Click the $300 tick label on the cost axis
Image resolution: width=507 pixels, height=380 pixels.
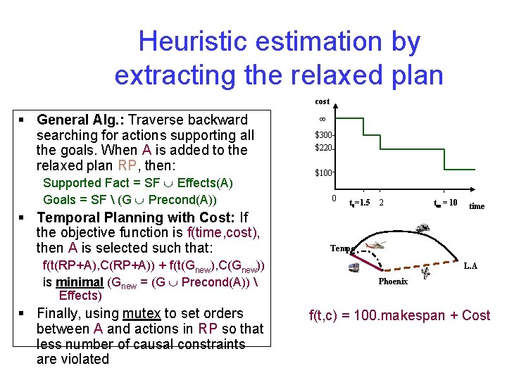(x=323, y=134)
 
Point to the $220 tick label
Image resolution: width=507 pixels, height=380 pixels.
(x=323, y=148)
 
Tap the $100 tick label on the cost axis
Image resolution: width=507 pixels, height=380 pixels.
(x=323, y=172)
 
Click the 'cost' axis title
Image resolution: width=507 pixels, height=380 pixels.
(x=322, y=101)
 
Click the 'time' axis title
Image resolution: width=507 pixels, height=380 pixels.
(x=477, y=206)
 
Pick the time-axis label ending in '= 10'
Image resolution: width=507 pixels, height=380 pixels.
(x=444, y=203)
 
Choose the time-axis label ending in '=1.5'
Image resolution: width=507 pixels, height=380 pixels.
(x=359, y=203)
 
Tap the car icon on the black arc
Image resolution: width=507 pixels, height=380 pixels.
(x=423, y=228)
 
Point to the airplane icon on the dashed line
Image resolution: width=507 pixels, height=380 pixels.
(x=424, y=274)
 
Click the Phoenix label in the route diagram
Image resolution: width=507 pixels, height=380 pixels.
(x=393, y=281)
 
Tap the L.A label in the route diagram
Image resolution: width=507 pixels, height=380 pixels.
(x=470, y=265)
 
